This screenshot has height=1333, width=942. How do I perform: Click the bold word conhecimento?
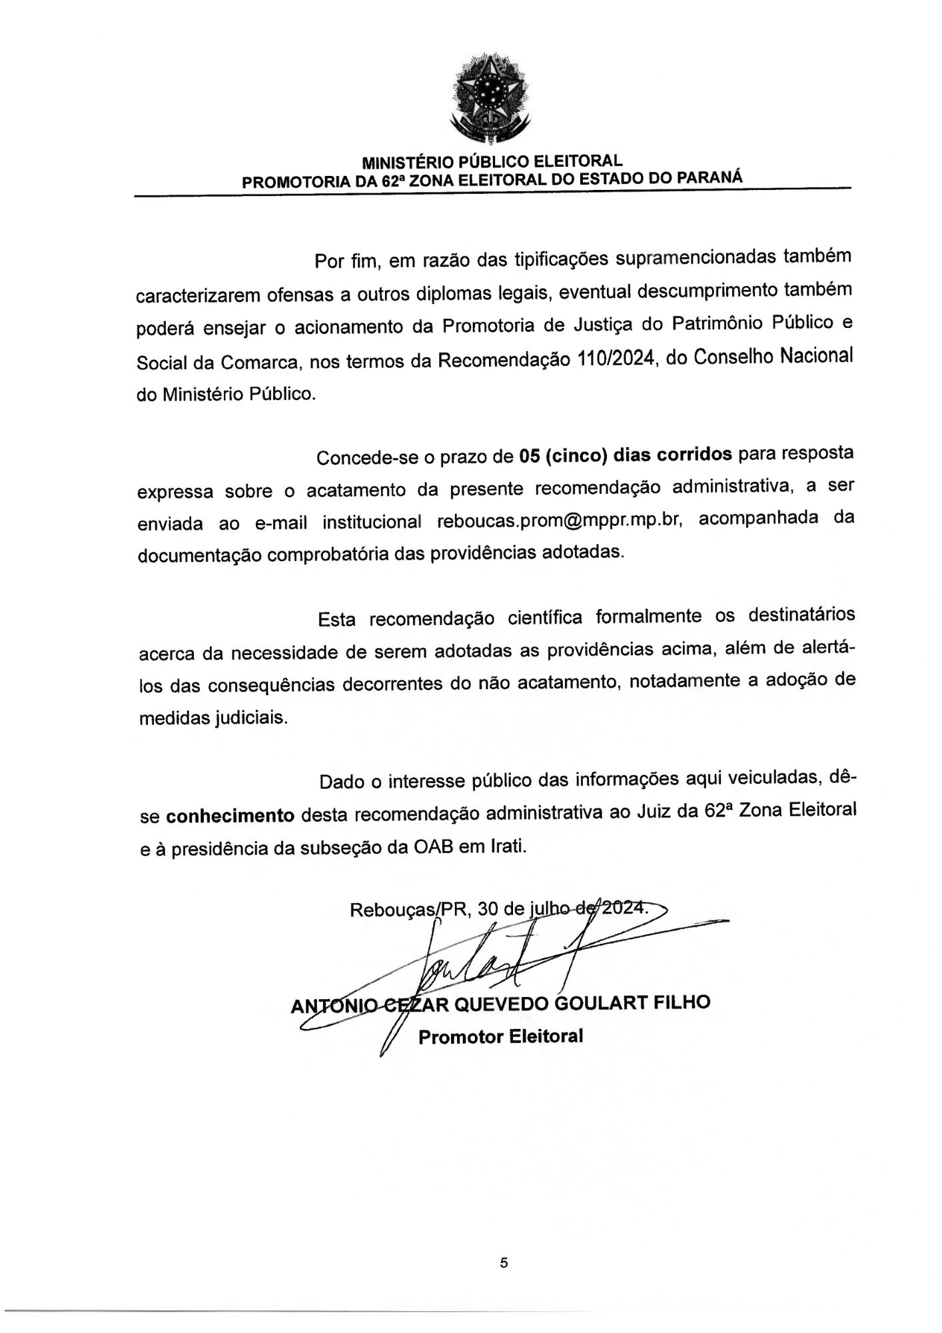[x=231, y=814]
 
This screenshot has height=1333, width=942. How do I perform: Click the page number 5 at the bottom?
[x=504, y=1262]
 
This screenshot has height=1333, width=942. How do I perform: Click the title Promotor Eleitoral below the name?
[x=500, y=1036]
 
